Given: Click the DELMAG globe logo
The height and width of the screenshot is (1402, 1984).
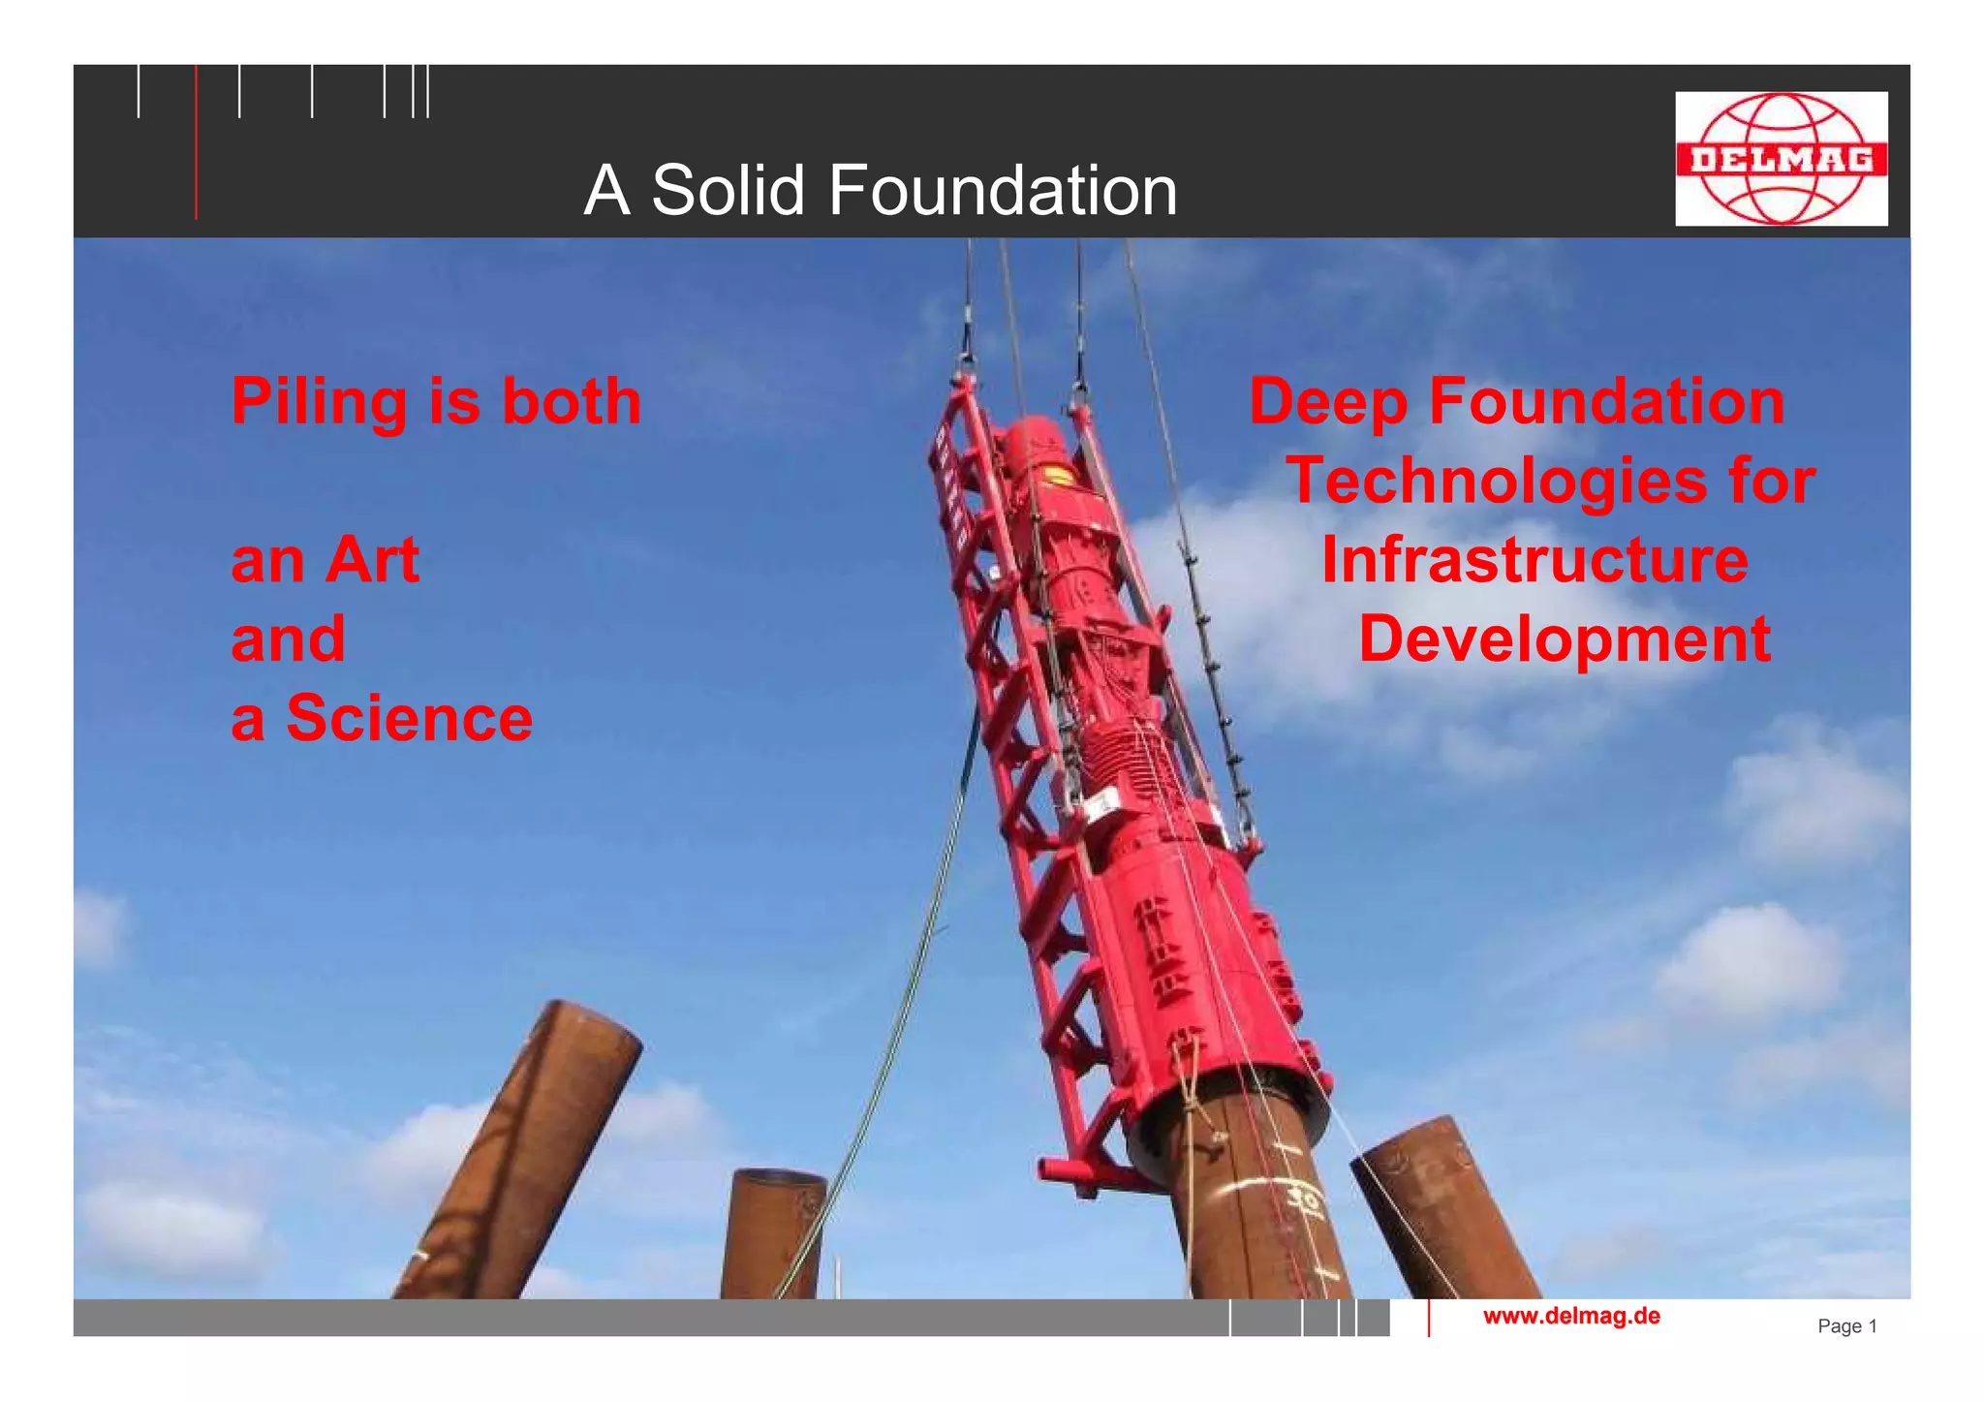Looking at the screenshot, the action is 1781,159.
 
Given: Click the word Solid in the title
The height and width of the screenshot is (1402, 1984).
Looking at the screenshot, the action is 728,190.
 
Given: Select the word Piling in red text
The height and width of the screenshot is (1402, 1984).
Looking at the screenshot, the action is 319,402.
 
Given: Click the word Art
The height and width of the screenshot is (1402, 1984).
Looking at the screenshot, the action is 372,560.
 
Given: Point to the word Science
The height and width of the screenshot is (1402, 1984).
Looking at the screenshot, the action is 409,718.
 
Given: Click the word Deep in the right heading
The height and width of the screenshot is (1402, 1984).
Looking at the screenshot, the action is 1327,402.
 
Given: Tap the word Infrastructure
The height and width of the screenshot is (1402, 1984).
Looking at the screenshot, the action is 1534,560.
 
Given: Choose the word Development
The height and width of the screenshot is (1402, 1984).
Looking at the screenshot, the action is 1565,639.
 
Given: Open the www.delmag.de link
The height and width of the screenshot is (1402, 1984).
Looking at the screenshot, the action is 1571,1316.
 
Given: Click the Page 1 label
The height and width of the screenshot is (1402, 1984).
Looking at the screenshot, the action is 1846,1326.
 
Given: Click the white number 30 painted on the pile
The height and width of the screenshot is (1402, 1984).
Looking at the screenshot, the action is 1303,1199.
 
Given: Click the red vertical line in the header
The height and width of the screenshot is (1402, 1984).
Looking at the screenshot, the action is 196,145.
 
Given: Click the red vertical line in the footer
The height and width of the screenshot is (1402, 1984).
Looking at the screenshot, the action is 1428,1319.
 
